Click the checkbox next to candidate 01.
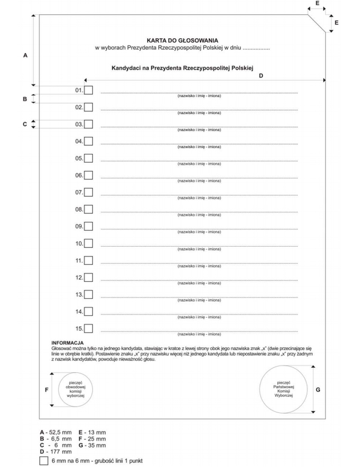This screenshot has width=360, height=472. (89, 90)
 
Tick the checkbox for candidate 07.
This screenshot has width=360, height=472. (89, 192)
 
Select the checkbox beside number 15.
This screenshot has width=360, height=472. (89, 328)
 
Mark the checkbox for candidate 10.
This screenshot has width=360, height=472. (89, 243)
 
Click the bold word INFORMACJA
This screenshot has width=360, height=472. (67, 343)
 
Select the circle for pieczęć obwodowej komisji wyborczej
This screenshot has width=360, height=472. (72, 389)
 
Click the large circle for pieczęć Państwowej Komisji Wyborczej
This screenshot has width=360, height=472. (283, 389)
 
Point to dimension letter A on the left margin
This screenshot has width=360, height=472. (25, 55)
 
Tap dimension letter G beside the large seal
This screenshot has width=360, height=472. (318, 390)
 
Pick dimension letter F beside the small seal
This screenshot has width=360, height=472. (46, 390)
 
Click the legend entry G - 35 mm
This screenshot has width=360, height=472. (92, 445)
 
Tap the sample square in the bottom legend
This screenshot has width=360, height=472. (44, 461)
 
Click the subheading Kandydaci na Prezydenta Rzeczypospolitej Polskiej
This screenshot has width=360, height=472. (183, 68)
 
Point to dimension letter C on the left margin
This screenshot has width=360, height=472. (25, 125)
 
